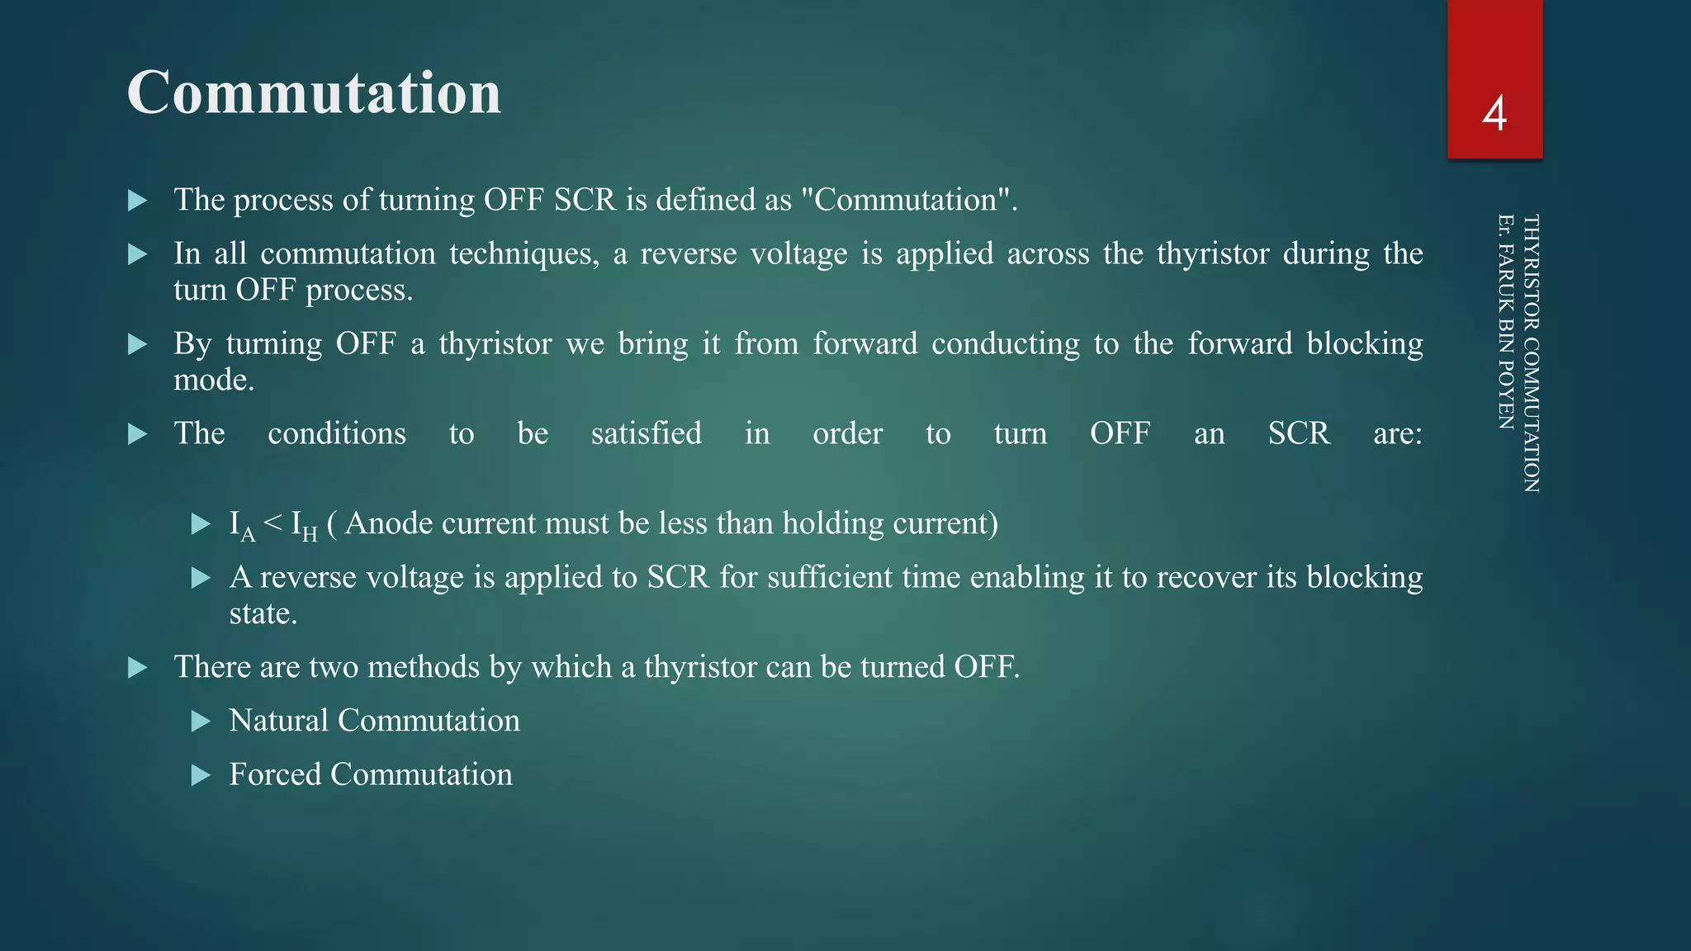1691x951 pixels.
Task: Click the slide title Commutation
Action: pyautogui.click(x=314, y=92)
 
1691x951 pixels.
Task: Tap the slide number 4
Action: pyautogui.click(x=1494, y=114)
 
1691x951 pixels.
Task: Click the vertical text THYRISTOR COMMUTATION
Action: pyautogui.click(x=1530, y=353)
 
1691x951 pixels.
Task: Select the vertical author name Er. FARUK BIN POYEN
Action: pyautogui.click(x=1505, y=322)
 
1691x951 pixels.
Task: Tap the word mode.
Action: pyautogui.click(x=213, y=380)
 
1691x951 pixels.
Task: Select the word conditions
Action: pyautogui.click(x=337, y=433)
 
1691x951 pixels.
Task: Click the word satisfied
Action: pyautogui.click(x=646, y=433)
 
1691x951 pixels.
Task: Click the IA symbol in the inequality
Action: pyautogui.click(x=242, y=525)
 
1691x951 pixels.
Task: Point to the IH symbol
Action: pyautogui.click(x=304, y=525)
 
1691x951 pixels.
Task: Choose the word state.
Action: pyautogui.click(x=263, y=613)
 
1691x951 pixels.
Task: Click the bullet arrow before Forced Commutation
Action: pyautogui.click(x=201, y=775)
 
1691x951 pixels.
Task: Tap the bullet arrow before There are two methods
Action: pyautogui.click(x=137, y=668)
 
